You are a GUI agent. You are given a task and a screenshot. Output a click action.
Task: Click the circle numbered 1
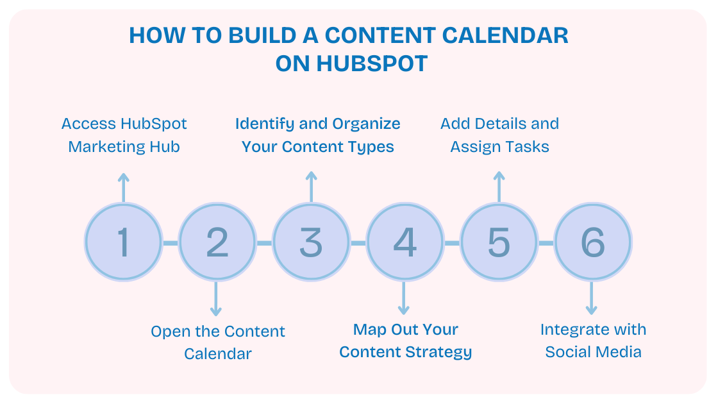123,242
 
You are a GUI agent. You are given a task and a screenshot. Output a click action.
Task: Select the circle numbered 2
217,242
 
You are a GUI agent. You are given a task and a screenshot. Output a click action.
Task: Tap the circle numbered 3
311,242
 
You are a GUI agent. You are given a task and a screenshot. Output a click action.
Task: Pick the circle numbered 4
405,242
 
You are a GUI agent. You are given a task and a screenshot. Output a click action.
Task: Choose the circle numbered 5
499,242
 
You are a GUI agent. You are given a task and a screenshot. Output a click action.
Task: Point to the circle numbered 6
592,242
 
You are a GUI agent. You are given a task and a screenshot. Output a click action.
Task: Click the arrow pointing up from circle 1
123,187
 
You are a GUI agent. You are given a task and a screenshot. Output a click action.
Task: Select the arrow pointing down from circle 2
216,299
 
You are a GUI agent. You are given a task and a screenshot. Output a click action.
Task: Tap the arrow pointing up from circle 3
311,187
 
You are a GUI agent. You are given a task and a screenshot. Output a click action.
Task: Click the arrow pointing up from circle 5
499,187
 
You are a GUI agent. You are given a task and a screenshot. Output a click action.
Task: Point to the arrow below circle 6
592,299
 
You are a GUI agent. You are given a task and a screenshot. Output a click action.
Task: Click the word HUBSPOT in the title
372,63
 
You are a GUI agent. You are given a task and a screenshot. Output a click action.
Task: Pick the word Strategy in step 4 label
442,352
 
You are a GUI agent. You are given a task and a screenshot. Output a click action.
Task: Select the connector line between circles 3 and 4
358,243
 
